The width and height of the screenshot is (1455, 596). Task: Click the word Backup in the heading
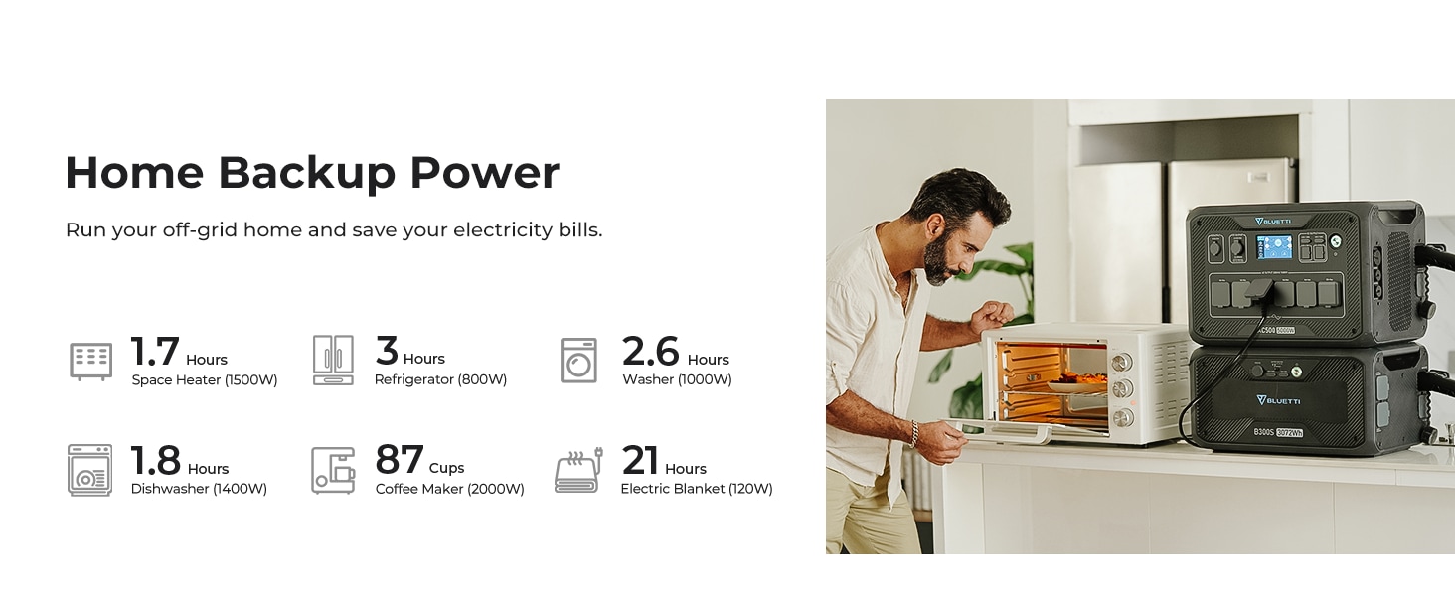click(x=306, y=173)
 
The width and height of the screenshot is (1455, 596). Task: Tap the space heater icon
click(x=91, y=361)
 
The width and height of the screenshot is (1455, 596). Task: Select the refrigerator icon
click(x=333, y=360)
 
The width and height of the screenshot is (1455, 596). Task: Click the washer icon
click(x=578, y=361)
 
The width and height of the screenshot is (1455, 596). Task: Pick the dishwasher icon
click(x=89, y=470)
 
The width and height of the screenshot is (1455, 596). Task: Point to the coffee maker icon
click(x=333, y=470)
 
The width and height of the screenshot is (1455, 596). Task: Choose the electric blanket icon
click(x=578, y=470)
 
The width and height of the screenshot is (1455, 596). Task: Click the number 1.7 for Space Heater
click(x=155, y=352)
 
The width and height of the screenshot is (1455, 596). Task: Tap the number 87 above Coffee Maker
click(x=400, y=460)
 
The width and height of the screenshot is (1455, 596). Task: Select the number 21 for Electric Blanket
click(x=640, y=460)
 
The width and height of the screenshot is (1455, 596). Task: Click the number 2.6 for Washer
click(x=650, y=352)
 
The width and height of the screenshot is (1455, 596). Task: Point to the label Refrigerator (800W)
click(x=440, y=379)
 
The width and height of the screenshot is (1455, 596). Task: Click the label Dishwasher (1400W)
click(x=199, y=489)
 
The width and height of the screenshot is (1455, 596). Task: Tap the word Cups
click(x=447, y=468)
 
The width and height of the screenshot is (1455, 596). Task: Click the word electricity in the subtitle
click(x=503, y=229)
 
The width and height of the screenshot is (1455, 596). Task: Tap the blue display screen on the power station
click(x=1274, y=247)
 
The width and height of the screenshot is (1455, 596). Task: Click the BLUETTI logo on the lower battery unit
click(x=1278, y=400)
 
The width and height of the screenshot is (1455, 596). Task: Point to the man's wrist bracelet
click(x=914, y=433)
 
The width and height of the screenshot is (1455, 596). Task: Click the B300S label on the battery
click(x=1264, y=432)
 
